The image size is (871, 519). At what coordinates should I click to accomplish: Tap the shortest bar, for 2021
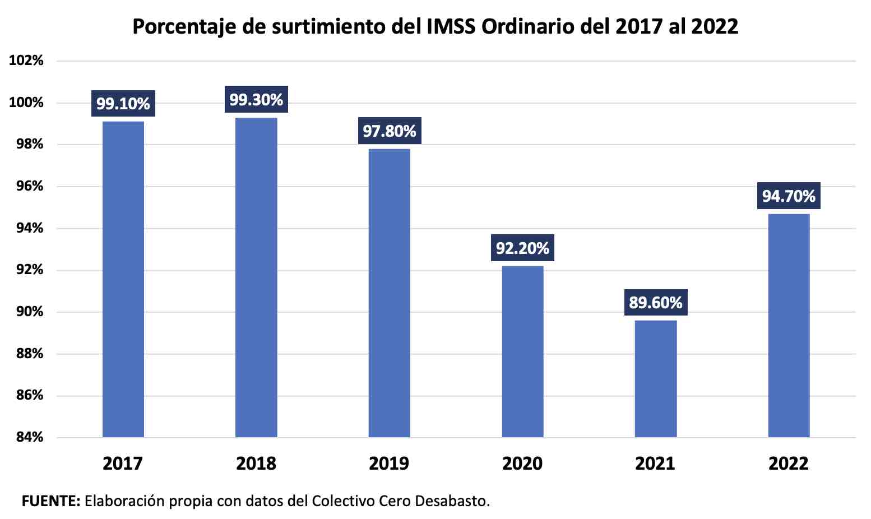(655, 378)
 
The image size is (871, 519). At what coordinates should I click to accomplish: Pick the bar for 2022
(789, 325)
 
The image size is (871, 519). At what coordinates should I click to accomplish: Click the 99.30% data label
(256, 100)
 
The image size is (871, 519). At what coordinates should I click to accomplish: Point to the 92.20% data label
(522, 248)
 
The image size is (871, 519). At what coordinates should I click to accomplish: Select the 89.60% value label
(655, 303)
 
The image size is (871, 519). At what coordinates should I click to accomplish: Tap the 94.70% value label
(789, 196)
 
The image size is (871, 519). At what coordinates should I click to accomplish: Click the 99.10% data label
(123, 104)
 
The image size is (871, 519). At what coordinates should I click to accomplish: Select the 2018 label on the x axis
(256, 464)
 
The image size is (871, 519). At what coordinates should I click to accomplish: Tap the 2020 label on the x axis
(522, 464)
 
